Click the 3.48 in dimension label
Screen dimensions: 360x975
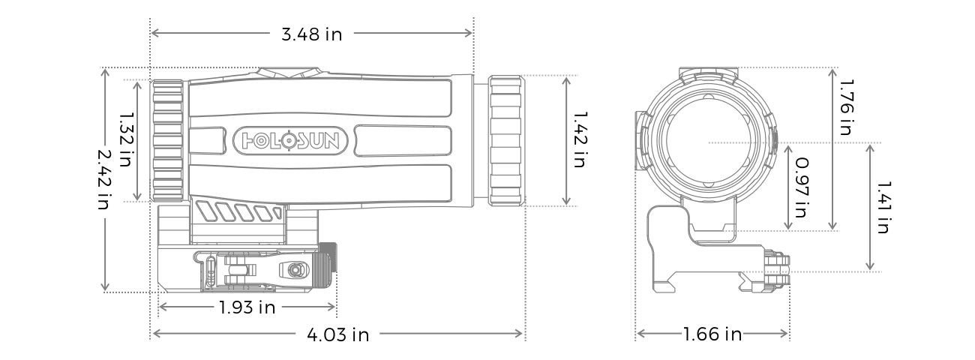pos(310,34)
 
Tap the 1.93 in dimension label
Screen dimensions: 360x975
pos(247,307)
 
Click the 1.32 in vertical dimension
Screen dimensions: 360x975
pos(127,140)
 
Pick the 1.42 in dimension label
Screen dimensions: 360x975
pos(578,139)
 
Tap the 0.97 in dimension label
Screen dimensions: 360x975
pos(800,187)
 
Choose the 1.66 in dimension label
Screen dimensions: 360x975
pos(712,334)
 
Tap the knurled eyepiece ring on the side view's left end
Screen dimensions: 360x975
pos(168,139)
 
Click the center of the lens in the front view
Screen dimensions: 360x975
pos(708,142)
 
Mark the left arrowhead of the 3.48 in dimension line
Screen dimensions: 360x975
pos(154,33)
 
